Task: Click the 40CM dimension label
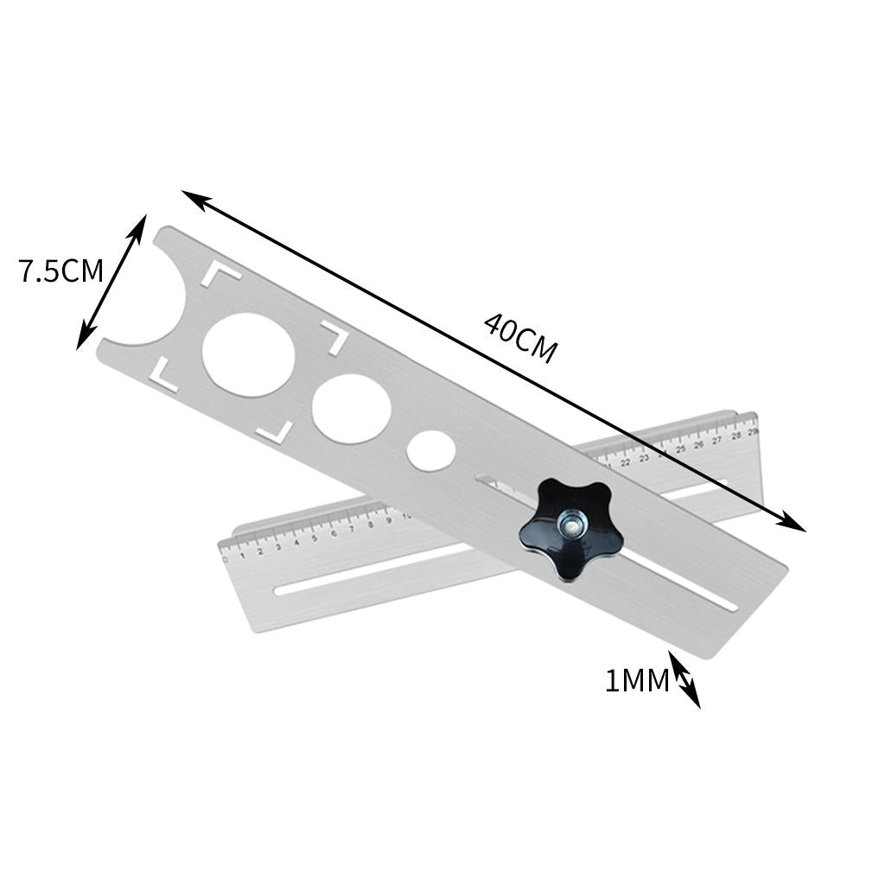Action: (519, 338)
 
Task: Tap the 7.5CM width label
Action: (60, 271)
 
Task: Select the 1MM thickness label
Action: (637, 682)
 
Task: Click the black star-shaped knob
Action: (570, 530)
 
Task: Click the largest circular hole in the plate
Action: (248, 354)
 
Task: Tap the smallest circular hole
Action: (431, 450)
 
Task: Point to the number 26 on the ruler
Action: (698, 444)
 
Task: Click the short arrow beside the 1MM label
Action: (684, 680)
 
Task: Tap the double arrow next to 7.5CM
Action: (111, 282)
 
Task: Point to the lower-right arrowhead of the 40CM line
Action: (794, 525)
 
